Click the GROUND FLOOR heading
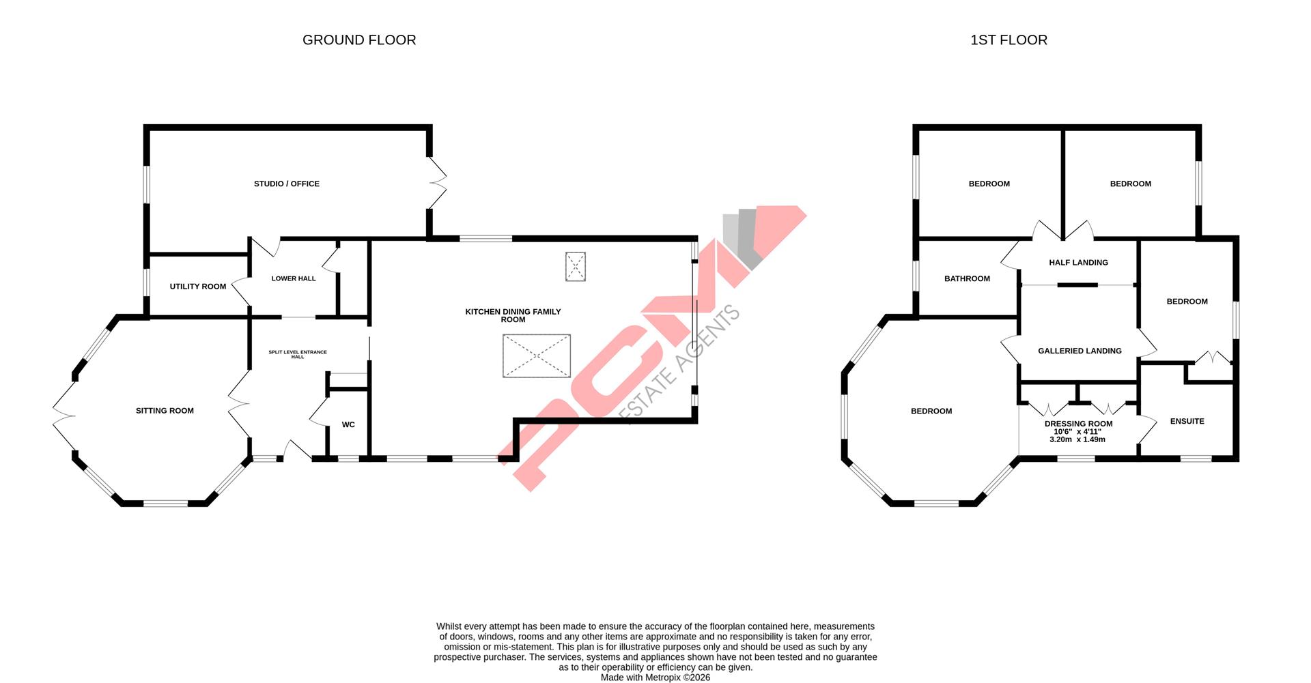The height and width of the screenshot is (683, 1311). tap(359, 40)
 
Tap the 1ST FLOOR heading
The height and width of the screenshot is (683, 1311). tap(1009, 40)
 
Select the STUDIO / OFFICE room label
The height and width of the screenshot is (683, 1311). tap(287, 184)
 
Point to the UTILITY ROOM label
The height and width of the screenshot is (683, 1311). tap(198, 287)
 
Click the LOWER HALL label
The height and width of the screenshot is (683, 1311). tap(294, 278)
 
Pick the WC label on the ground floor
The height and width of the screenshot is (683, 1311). tap(348, 424)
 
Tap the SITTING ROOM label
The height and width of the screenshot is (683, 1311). tap(165, 411)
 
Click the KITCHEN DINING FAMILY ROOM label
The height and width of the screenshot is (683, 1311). tap(513, 315)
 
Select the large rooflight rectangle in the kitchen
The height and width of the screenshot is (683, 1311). tap(537, 355)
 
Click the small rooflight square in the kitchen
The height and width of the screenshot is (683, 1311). tap(576, 266)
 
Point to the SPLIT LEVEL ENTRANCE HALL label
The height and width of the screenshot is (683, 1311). tap(298, 354)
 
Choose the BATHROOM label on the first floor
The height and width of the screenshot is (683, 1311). tap(967, 278)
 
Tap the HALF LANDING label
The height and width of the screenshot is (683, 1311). tap(1078, 263)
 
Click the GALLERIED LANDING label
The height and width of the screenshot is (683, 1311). tap(1080, 351)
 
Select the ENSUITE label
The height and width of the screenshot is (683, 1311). tap(1187, 421)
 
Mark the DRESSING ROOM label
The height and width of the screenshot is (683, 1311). tap(1078, 424)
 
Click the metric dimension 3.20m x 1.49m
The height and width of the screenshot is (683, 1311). tap(1077, 439)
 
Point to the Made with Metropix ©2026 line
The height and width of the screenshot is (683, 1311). tap(655, 678)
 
